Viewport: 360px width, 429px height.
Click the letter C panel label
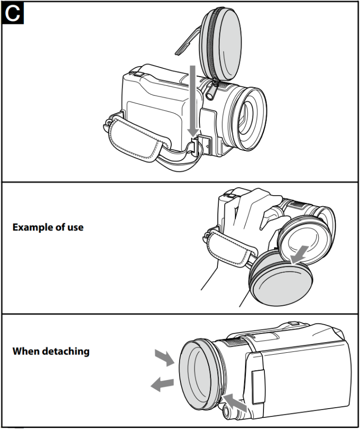13,13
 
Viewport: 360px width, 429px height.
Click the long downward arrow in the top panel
193,101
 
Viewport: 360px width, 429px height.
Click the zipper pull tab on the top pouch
212,91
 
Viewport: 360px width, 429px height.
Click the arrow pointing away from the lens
162,384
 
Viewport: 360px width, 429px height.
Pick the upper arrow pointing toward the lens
164,357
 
